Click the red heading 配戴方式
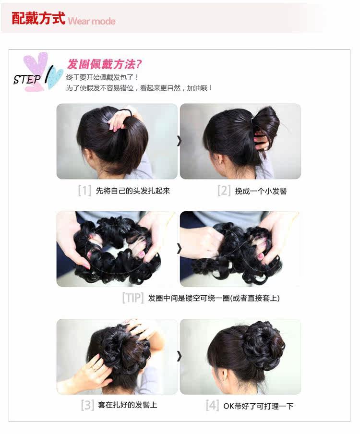[x=38, y=19]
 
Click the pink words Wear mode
[x=92, y=21]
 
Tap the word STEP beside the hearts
[x=27, y=79]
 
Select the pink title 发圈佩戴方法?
[x=104, y=64]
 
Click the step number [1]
[x=84, y=191]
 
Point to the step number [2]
[x=224, y=191]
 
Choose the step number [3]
[x=87, y=405]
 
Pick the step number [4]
[x=213, y=405]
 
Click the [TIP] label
[x=132, y=298]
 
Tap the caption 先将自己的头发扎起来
[x=133, y=191]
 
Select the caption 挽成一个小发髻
[x=261, y=191]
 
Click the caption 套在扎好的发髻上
[x=127, y=405]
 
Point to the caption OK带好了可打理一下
[x=258, y=406]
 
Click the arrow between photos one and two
[x=179, y=141]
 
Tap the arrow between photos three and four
[x=179, y=356]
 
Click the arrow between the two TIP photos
[x=179, y=249]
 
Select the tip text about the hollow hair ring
[x=214, y=298]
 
